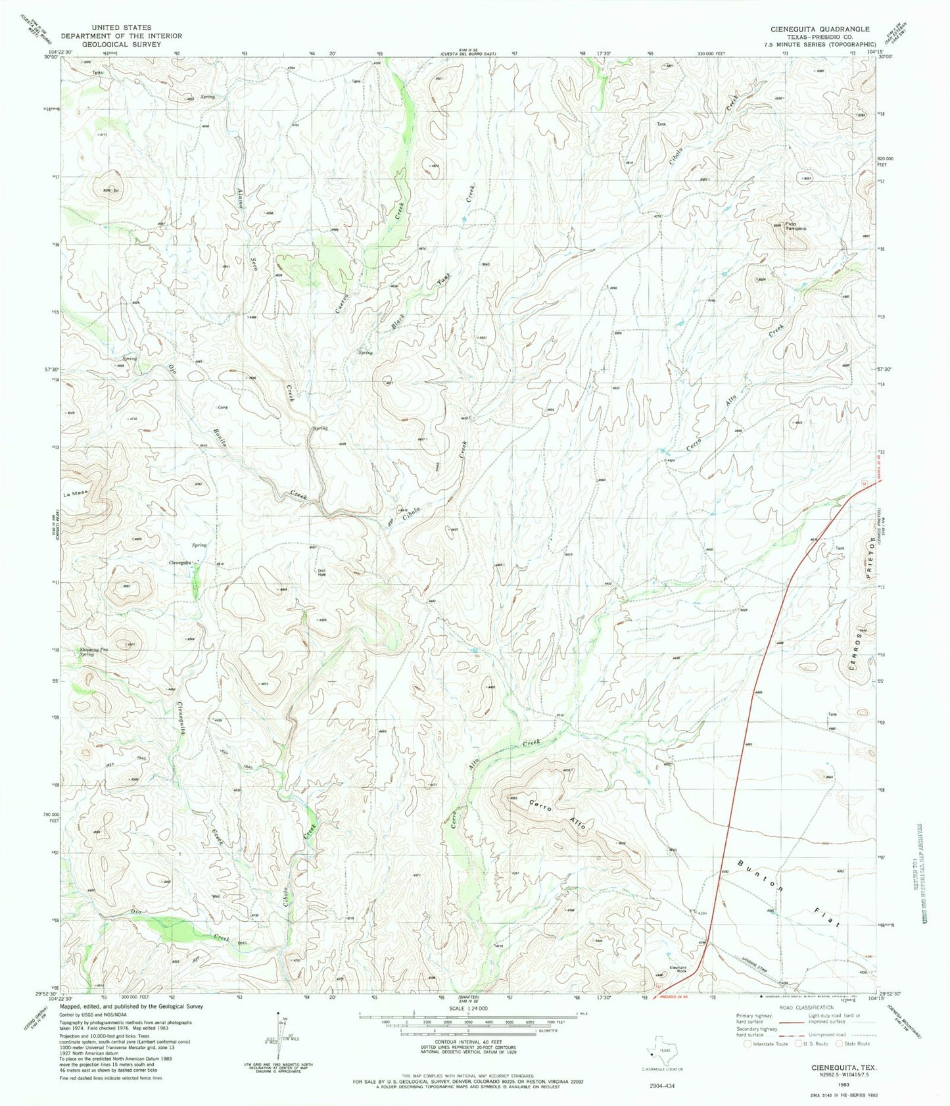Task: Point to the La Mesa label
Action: pos(76,493)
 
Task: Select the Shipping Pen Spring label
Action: pos(94,652)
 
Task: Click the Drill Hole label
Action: pos(322,573)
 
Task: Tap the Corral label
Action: pos(222,408)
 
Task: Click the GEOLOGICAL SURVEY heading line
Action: pos(110,45)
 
